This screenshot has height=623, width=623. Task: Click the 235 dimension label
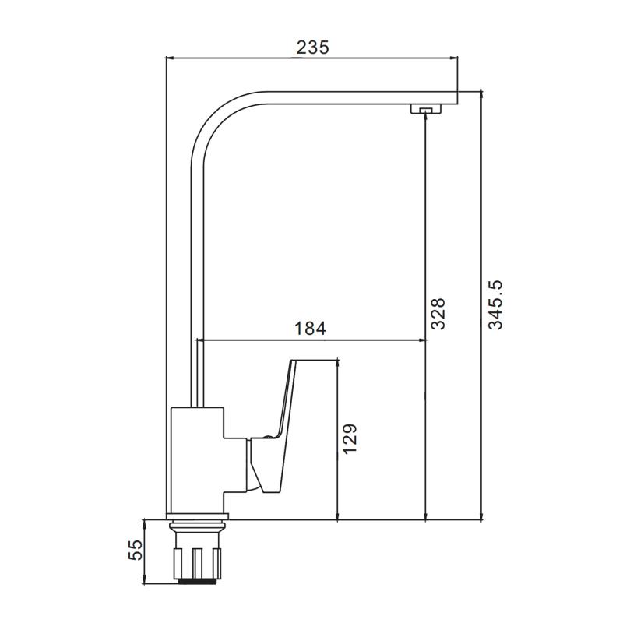pyautogui.click(x=313, y=48)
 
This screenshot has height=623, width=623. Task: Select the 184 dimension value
pyautogui.click(x=310, y=329)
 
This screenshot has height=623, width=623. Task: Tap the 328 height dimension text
pyautogui.click(x=438, y=314)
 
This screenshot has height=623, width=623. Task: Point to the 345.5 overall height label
pyautogui.click(x=495, y=304)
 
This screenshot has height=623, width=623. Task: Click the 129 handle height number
pyautogui.click(x=350, y=439)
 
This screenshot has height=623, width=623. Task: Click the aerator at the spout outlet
pyautogui.click(x=426, y=109)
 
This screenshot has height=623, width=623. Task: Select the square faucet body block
pyautogui.click(x=197, y=460)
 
